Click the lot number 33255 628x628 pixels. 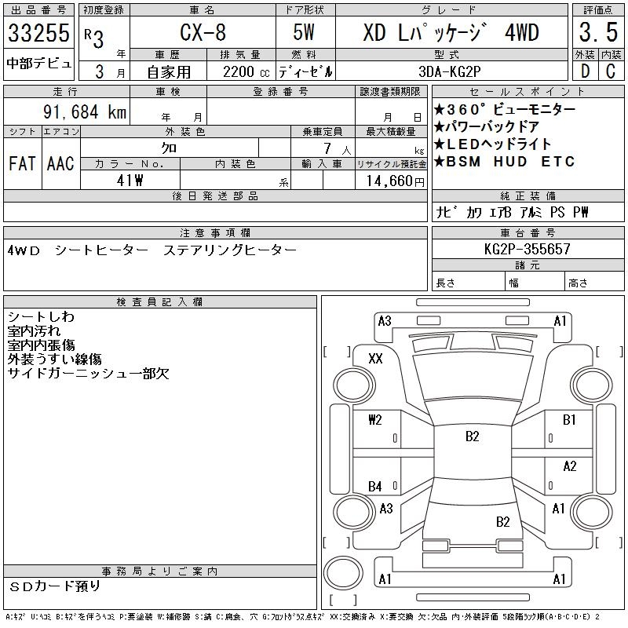(x=38, y=32)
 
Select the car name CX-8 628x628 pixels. (x=203, y=32)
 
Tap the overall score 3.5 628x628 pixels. (x=598, y=32)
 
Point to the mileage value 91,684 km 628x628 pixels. (x=85, y=111)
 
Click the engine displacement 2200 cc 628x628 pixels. (x=246, y=72)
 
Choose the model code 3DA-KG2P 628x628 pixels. (x=449, y=71)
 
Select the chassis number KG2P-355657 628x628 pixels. (x=527, y=249)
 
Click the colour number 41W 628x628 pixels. (x=130, y=181)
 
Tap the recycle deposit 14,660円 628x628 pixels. (x=396, y=181)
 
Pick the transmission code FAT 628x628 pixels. (x=22, y=163)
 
